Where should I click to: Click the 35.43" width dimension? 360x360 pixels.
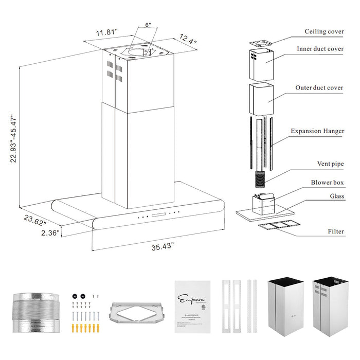162,246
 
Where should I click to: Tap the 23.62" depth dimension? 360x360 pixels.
35,220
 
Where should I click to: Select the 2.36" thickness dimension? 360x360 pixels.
50,232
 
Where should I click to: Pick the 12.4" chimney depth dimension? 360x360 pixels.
188,38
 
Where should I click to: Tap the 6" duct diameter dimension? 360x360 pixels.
147,24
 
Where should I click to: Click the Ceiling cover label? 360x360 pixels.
323,31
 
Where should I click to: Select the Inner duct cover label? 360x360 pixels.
320,49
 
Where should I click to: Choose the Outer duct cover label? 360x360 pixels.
319,88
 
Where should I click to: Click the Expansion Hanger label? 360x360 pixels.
317,131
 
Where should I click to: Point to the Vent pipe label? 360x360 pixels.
330,164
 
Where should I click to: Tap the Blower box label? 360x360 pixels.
327,182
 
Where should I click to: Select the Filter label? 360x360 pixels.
336,231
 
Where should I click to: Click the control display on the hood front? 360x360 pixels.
157,214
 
